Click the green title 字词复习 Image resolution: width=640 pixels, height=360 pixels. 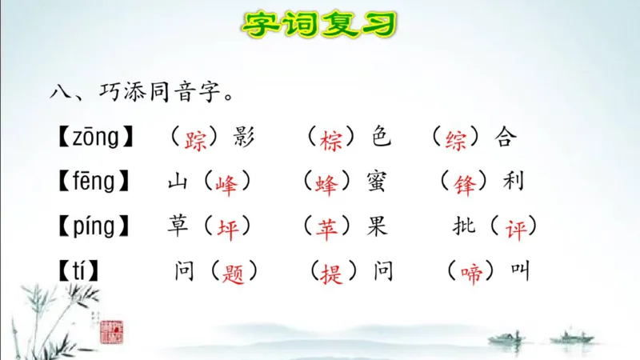319,24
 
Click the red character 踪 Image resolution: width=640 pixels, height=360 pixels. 195,138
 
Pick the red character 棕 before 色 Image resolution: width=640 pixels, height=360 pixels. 330,138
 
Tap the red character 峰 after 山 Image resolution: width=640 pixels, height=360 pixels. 226,183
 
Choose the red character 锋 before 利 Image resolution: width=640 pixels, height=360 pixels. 465,183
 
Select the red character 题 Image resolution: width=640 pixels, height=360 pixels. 234,273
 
